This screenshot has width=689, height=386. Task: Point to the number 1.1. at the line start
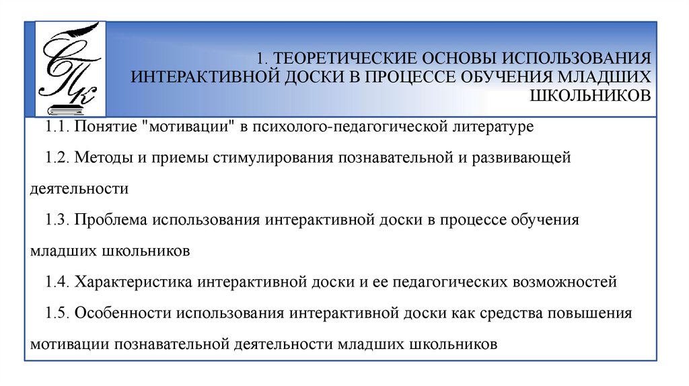coord(57,126)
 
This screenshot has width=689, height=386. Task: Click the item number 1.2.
coord(57,158)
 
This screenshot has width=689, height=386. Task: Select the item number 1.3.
coord(57,220)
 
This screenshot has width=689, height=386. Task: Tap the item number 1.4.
coord(57,282)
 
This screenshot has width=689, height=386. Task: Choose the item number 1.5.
coord(57,313)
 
